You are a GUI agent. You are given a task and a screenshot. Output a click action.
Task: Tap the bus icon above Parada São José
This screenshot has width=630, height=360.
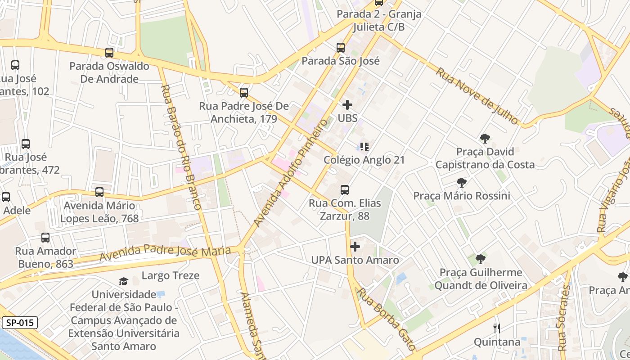[341, 47]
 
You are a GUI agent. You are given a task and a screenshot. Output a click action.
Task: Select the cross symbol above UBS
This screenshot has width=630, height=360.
[347, 105]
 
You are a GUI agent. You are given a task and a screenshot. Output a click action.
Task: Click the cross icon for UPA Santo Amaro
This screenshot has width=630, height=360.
[355, 247]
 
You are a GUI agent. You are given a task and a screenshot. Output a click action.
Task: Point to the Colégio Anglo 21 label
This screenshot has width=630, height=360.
[364, 160]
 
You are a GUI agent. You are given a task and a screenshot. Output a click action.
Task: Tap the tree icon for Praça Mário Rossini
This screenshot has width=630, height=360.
[461, 183]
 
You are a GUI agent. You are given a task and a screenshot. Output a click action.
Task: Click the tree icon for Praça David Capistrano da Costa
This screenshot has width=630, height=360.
[485, 139]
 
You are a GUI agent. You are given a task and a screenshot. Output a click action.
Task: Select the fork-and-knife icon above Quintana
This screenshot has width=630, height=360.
[497, 328]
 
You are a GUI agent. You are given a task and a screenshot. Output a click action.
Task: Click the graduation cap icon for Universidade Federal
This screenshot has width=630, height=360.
[123, 282]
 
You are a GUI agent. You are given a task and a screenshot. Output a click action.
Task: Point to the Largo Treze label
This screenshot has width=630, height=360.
[171, 275]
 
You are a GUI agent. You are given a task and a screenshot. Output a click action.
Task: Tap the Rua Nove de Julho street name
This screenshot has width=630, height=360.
[477, 95]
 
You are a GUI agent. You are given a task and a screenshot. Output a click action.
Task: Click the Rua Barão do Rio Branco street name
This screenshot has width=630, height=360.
[180, 147]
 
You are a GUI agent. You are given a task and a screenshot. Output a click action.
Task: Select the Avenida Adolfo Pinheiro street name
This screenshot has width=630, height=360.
[290, 173]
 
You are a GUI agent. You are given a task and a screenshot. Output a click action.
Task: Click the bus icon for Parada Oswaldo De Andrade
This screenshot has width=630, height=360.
[109, 53]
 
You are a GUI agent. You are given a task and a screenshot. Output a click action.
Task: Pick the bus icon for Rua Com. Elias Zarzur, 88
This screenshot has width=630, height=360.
[345, 190]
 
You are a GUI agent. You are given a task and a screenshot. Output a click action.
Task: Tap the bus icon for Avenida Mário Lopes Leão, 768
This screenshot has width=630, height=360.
[99, 192]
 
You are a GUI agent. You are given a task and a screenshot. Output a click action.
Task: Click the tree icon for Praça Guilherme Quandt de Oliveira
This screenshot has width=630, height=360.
[481, 259]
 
